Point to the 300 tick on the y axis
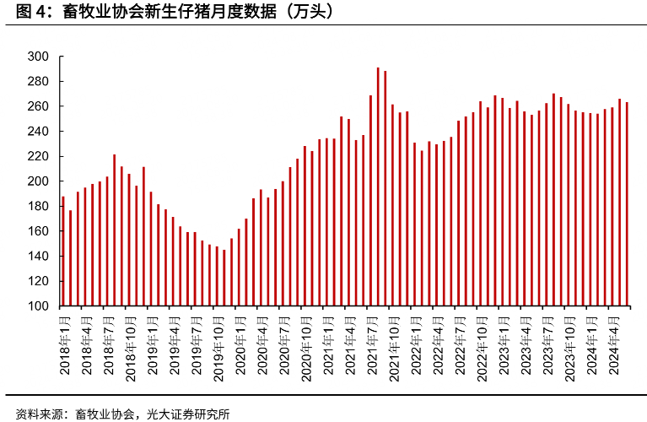(x=40, y=57)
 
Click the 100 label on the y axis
(x=40, y=306)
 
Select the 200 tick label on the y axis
(x=40, y=181)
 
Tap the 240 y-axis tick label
(x=40, y=132)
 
